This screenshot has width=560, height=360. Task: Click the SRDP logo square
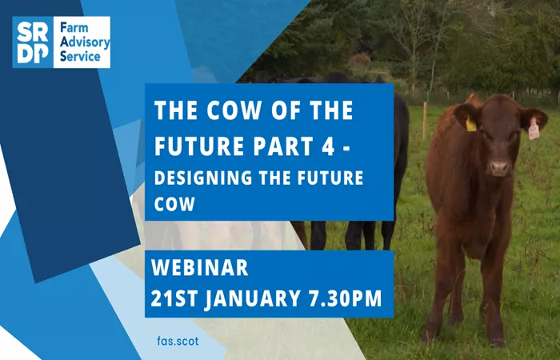pyautogui.click(x=33, y=42)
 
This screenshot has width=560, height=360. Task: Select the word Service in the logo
pyautogui.click(x=80, y=57)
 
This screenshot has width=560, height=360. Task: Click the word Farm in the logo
pyautogui.click(x=74, y=28)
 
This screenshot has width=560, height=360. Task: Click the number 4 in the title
pyautogui.click(x=328, y=146)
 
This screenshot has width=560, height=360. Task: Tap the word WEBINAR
pyautogui.click(x=200, y=268)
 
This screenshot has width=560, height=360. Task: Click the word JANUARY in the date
pyautogui.click(x=253, y=298)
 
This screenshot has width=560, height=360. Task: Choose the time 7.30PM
pyautogui.click(x=346, y=298)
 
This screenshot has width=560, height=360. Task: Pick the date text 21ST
pyautogui.click(x=174, y=298)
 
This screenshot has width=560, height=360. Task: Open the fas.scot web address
pyautogui.click(x=178, y=341)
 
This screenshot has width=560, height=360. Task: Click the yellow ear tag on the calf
pyautogui.click(x=471, y=125)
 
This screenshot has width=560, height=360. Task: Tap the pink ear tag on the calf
pyautogui.click(x=534, y=129)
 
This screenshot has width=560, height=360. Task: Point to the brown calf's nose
pyautogui.click(x=499, y=167)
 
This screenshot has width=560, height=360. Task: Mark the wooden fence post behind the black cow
pyautogui.click(x=425, y=121)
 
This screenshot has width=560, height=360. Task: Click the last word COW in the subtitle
pyautogui.click(x=174, y=204)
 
